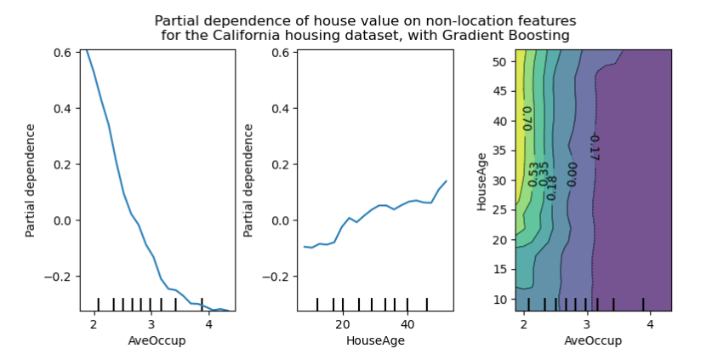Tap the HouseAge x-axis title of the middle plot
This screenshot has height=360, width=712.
tap(375, 340)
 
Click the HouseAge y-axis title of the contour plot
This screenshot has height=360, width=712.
tap(481, 182)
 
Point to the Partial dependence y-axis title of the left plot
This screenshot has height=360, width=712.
tap(31, 180)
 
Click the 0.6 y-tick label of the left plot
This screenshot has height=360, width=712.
tap(61, 52)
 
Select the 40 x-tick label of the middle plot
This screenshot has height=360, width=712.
tap(407, 324)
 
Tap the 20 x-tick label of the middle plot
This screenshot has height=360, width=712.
tap(343, 324)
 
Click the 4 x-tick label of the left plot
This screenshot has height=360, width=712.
tap(208, 324)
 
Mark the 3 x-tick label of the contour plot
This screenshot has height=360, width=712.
tap(587, 324)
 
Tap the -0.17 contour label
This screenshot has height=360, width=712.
tap(594, 147)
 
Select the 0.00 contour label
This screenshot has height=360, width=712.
tap(572, 174)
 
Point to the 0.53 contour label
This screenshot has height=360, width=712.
tap(533, 174)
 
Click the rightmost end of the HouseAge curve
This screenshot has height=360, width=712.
tap(446, 180)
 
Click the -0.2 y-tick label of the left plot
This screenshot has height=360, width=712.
tap(59, 277)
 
